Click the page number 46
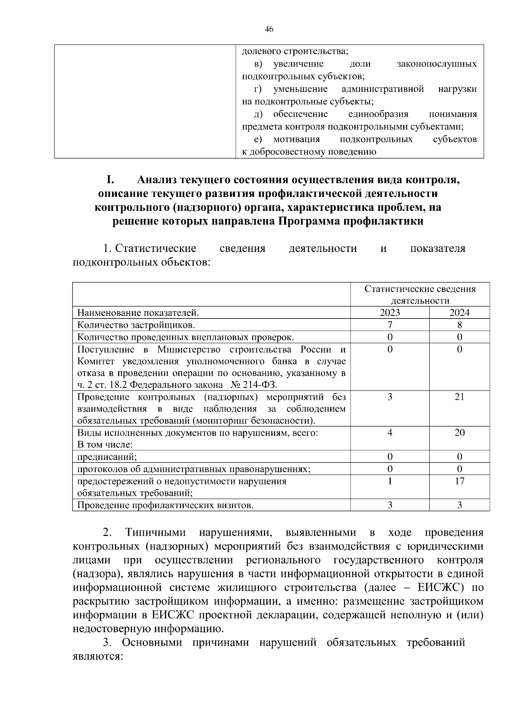coord(269,29)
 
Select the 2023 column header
coord(389,313)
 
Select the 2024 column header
coord(459,313)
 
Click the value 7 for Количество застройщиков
coord(389,325)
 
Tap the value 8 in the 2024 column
coord(459,325)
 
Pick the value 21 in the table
coord(459,397)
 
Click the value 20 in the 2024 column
coord(459,432)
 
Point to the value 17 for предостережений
coord(459,481)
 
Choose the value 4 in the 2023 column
coord(389,432)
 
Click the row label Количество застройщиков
coord(136,325)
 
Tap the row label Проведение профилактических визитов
coord(165,505)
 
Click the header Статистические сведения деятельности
coord(420,295)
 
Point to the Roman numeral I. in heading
coord(110,180)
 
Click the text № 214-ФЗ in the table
coord(253,385)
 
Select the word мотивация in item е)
coord(296,139)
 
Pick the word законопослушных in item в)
coord(436,64)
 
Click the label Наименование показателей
coord(138,313)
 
